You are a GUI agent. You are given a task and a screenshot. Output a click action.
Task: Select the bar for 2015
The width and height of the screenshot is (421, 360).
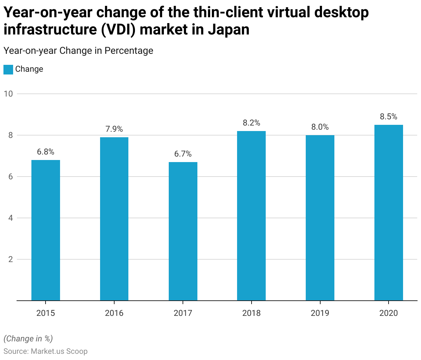(46, 230)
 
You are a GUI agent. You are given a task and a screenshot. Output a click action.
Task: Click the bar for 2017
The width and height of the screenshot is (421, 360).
(183, 231)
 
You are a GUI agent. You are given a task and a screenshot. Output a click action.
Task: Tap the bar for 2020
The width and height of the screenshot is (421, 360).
(389, 213)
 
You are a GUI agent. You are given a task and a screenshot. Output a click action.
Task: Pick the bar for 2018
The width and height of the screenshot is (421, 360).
(251, 216)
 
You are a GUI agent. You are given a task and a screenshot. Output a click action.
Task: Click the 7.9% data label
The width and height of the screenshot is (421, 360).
(114, 129)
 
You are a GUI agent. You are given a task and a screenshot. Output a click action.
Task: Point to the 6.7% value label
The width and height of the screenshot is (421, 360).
(183, 154)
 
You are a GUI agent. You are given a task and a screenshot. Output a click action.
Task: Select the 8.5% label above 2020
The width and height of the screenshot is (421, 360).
(389, 117)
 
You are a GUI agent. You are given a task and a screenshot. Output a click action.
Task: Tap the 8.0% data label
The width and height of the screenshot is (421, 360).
(320, 127)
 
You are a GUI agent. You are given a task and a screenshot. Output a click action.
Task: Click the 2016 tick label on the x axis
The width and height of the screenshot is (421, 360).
(114, 313)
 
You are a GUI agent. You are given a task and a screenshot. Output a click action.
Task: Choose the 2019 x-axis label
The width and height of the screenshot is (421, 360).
(320, 313)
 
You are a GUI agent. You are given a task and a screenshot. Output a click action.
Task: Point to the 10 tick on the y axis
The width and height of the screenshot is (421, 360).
(8, 94)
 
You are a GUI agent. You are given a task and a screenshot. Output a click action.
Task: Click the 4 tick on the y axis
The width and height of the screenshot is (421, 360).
(11, 218)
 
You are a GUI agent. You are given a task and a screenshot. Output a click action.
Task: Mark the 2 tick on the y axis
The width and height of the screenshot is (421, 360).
(11, 259)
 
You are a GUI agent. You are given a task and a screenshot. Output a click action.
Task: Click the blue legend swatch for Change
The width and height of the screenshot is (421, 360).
(8, 69)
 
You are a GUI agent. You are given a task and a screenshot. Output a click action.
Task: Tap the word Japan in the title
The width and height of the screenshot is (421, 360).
(228, 29)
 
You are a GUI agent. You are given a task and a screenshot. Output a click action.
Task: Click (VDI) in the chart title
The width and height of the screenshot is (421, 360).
(119, 29)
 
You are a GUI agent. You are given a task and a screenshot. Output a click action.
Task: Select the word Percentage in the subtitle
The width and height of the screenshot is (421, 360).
(129, 51)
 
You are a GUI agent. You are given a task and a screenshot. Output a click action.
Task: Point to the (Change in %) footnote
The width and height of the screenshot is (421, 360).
(28, 339)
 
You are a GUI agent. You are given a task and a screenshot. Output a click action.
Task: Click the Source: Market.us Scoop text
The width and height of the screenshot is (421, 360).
(46, 351)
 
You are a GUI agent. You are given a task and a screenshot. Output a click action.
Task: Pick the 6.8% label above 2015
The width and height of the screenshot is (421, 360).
(46, 152)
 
